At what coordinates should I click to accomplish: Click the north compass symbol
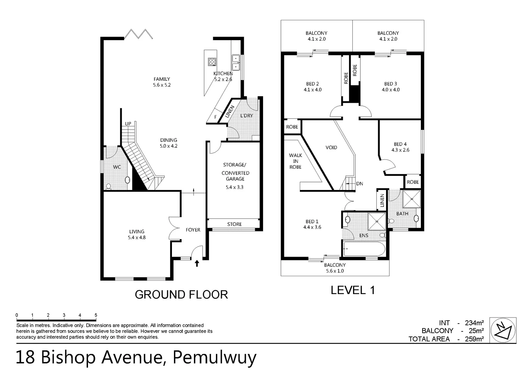tap(503, 330)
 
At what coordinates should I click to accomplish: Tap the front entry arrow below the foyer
tap(197, 263)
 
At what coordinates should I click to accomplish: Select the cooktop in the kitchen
tap(212, 62)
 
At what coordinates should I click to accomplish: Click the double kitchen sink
tap(236, 62)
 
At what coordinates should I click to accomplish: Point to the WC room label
tap(117, 167)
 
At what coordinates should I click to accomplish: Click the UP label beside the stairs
tap(128, 124)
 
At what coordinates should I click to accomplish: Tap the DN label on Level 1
tap(359, 184)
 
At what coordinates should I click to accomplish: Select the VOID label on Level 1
tap(331, 147)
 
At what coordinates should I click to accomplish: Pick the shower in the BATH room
tap(412, 199)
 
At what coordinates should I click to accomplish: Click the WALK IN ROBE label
tap(295, 161)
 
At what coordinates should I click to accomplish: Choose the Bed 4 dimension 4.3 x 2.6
tap(400, 150)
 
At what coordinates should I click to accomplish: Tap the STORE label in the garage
tap(234, 224)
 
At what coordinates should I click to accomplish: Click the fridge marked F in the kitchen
tap(215, 117)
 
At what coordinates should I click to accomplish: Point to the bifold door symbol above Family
tap(138, 34)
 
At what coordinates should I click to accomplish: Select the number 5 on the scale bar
tap(96, 315)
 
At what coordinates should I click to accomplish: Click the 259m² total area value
tap(474, 339)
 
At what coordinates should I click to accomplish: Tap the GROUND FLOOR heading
tap(181, 294)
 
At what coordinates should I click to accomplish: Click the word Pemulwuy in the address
tap(214, 358)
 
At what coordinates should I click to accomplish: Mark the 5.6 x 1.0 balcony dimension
tap(335, 271)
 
